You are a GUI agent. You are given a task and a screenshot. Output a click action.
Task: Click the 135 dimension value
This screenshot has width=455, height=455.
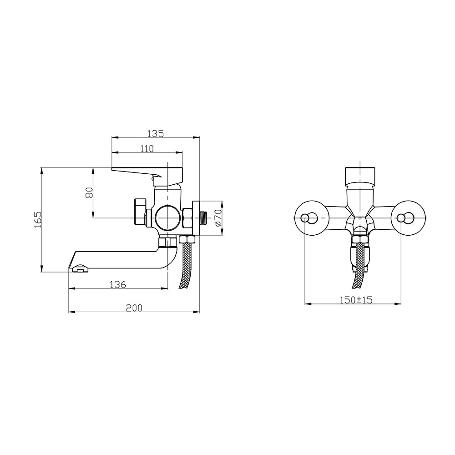(x=156, y=133)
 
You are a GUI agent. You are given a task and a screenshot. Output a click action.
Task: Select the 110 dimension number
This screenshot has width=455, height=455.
(x=147, y=149)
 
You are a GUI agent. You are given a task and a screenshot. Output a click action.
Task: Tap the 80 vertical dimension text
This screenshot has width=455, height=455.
(x=89, y=192)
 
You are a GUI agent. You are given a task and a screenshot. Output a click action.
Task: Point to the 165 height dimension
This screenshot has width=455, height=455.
(x=38, y=219)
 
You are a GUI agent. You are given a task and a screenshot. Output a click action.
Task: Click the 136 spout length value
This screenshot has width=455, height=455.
(x=118, y=284)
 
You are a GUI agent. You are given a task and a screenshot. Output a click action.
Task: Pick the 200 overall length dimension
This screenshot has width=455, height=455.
(x=134, y=308)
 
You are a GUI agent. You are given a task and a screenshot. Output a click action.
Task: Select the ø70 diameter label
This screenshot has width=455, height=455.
(x=218, y=217)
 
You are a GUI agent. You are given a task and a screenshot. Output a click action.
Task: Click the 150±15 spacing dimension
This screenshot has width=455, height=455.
(x=356, y=300)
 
